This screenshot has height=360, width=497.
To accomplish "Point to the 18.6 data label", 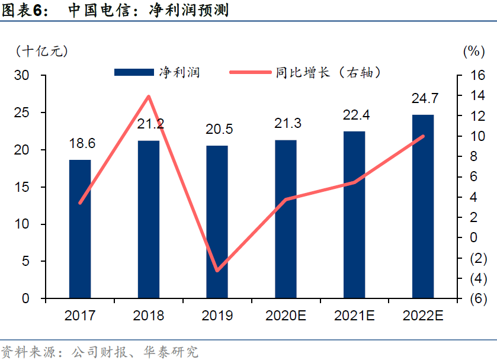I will coord(82,143).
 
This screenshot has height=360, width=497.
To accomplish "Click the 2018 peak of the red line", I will coord(149,96).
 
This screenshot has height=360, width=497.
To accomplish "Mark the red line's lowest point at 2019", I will coord(217,271).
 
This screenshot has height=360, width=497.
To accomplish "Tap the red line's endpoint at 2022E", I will coord(423,136).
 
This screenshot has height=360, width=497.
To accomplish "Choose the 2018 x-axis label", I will coord(149,315).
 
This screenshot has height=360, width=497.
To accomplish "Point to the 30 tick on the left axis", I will coord(22,75).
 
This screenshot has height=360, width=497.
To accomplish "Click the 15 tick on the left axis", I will coord(22,187).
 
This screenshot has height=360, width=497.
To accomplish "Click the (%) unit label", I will coord(474,51).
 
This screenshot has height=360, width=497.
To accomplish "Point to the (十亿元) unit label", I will coord(42,51).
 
